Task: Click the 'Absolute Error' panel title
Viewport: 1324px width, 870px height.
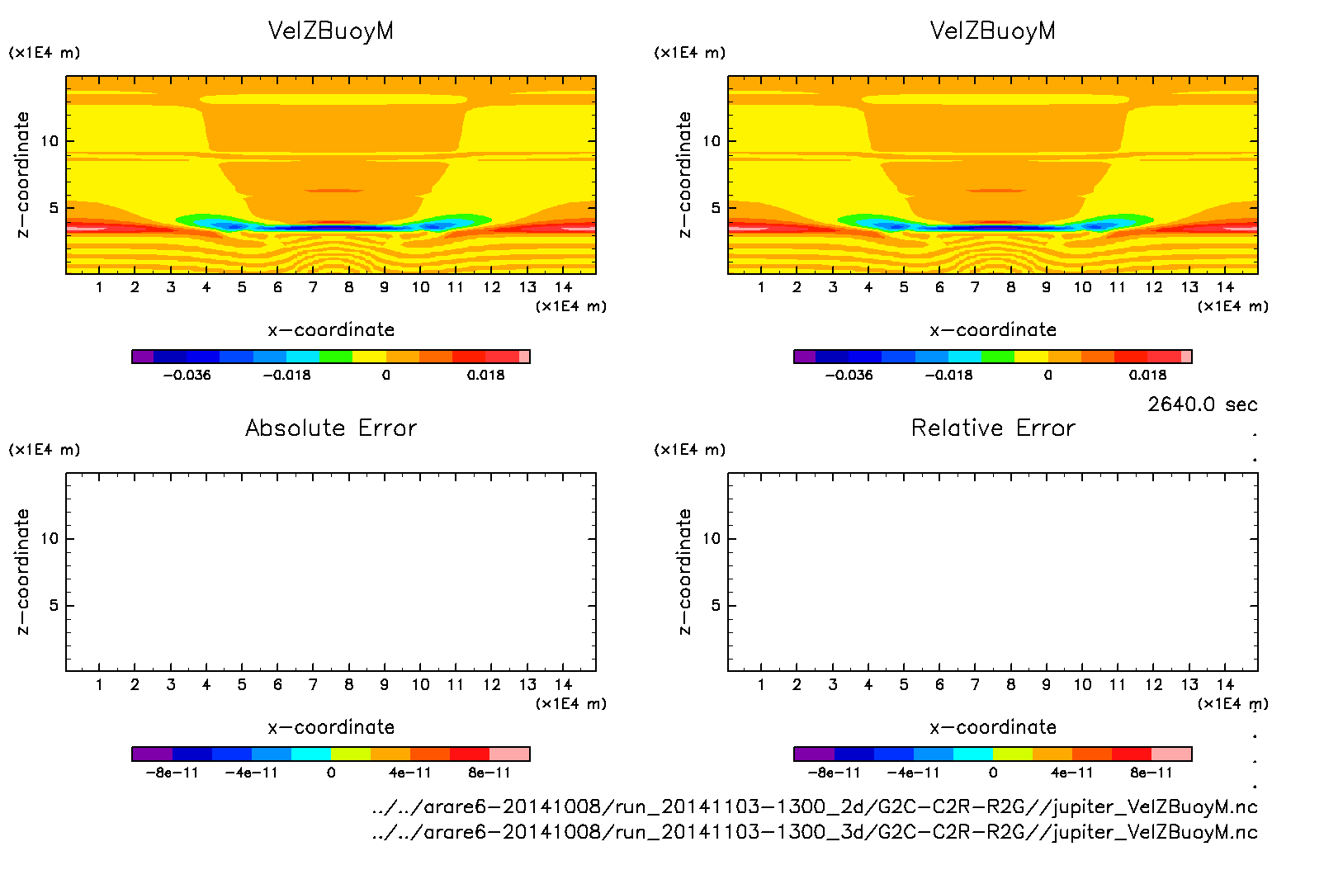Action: pyautogui.click(x=331, y=428)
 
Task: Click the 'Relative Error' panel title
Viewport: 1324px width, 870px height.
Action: pyautogui.click(x=993, y=428)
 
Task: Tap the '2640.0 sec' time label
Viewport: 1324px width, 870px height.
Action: pyautogui.click(x=1202, y=404)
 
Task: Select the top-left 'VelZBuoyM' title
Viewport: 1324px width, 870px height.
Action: pyautogui.click(x=331, y=31)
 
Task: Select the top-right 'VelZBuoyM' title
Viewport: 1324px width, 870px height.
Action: pyautogui.click(x=993, y=31)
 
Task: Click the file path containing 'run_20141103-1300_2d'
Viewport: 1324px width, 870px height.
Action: pyautogui.click(x=815, y=806)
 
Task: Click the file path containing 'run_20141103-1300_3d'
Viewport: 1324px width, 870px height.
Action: pyautogui.click(x=815, y=832)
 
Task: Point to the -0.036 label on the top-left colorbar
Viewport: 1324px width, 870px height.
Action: pyautogui.click(x=187, y=375)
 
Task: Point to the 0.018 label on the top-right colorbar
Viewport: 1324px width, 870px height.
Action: pyautogui.click(x=1147, y=375)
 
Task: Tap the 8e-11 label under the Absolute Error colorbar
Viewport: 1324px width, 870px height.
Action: pyautogui.click(x=489, y=773)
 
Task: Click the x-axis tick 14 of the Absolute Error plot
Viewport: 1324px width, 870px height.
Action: pyautogui.click(x=563, y=684)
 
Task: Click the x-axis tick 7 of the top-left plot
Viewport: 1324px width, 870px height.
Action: pyautogui.click(x=313, y=287)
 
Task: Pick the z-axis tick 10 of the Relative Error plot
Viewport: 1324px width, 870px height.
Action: pyautogui.click(x=712, y=538)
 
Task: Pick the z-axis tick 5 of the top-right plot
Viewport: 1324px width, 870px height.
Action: pyautogui.click(x=716, y=208)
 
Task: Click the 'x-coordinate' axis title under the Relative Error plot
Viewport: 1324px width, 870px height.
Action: pyautogui.click(x=993, y=727)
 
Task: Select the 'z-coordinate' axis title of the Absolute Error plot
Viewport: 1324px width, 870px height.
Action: pyautogui.click(x=23, y=571)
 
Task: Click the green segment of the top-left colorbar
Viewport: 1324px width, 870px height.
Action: pyautogui.click(x=336, y=357)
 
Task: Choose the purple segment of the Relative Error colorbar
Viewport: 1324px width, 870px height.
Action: pyautogui.click(x=814, y=754)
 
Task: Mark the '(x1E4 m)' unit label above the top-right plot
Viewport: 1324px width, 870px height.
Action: pyautogui.click(x=689, y=53)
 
